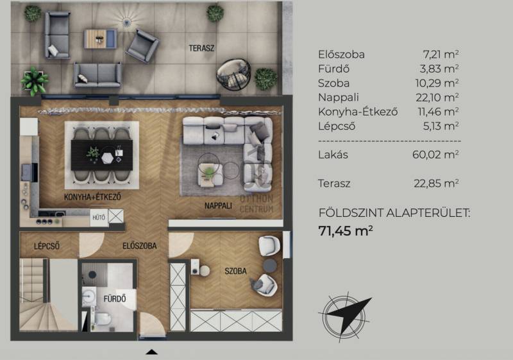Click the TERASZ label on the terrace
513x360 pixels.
(x=201, y=48)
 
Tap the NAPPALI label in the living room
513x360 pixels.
(x=218, y=206)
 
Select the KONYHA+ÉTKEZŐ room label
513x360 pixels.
(x=92, y=197)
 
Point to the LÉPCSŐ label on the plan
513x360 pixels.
(x=47, y=246)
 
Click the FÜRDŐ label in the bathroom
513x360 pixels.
(x=115, y=299)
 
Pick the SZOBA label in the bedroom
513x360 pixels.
(x=235, y=271)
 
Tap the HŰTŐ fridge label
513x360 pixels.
(x=99, y=218)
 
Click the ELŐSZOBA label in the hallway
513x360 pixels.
(x=140, y=246)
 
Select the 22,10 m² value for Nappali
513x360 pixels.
(x=437, y=98)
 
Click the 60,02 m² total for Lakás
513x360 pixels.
(x=435, y=155)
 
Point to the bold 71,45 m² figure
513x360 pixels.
(x=346, y=231)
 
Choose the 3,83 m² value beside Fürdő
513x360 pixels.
(x=439, y=69)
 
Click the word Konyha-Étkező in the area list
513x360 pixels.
(x=358, y=112)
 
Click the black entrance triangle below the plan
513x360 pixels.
(x=151, y=352)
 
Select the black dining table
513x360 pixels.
(x=102, y=155)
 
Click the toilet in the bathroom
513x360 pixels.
(x=102, y=319)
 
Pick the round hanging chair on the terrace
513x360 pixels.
(x=233, y=75)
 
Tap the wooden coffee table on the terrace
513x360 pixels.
(x=101, y=39)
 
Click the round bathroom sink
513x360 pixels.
(x=88, y=296)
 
